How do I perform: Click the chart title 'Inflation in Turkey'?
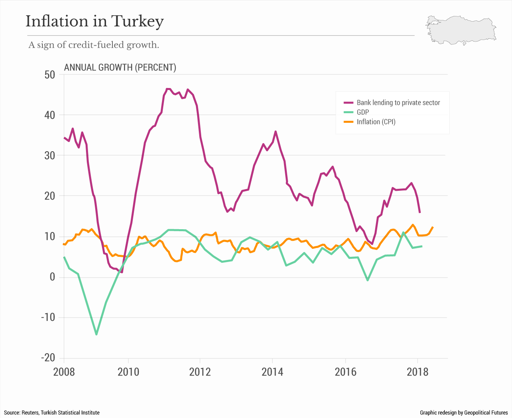point(95,21)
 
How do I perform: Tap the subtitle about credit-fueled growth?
point(94,45)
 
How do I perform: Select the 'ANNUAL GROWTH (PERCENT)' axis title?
point(120,67)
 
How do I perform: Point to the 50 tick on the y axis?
point(50,75)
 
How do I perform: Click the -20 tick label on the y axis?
point(48,358)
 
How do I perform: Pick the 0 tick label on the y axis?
point(52,277)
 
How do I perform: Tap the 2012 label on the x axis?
point(200,372)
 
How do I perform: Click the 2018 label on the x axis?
point(417,372)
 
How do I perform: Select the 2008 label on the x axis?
point(64,372)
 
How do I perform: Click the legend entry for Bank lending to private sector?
point(398,103)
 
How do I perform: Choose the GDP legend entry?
point(363,112)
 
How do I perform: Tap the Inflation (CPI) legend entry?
point(376,122)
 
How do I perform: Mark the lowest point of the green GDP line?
point(96,334)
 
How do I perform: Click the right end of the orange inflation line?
point(433,227)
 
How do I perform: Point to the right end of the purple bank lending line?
point(420,212)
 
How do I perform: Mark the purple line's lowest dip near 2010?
point(122,272)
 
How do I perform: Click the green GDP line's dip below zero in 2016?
point(368,280)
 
